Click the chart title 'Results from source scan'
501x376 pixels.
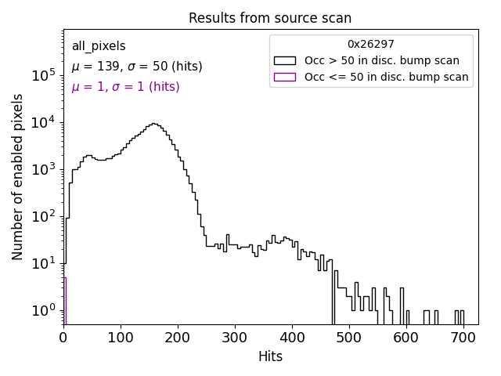pos(270,18)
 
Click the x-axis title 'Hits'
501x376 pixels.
pos(270,356)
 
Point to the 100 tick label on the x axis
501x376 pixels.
pos(121,338)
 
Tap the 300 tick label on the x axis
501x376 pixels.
pos(235,338)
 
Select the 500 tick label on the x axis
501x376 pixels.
pos(349,338)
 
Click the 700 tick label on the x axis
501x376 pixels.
pos(463,338)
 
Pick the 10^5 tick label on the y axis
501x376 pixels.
pos(43,75)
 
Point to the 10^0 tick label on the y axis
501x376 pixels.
pos(43,310)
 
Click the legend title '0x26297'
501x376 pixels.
pos(371,45)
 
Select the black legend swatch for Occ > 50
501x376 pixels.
pos(284,60)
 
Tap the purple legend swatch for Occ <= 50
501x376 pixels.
pos(284,77)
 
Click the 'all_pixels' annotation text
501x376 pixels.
pos(99,46)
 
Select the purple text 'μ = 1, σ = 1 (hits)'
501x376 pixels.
pos(125,87)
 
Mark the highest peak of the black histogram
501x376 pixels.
pos(154,124)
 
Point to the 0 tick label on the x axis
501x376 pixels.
pos(63,338)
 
